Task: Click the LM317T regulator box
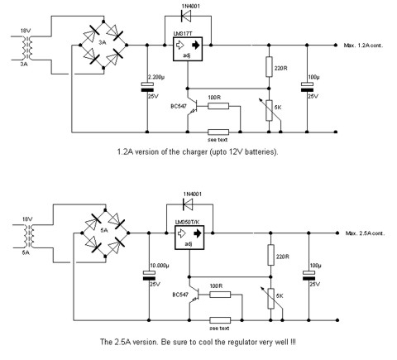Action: coord(188,49)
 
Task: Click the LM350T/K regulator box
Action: coord(189,238)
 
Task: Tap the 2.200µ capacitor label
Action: coord(156,77)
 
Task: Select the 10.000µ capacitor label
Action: coord(160,266)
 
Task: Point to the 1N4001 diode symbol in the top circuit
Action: coord(187,16)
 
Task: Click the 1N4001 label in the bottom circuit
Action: coord(192,194)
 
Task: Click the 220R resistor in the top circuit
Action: coord(269,67)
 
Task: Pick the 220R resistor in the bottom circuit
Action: coord(271,255)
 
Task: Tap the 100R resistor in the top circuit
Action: coord(218,106)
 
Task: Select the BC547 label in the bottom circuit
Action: coord(180,295)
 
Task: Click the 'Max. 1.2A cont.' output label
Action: coord(363,46)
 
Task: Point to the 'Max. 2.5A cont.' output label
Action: coord(366,233)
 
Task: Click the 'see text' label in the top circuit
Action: coord(218,140)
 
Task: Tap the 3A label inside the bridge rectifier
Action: coord(103,42)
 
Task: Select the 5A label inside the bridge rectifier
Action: coord(104,230)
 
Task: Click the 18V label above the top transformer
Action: coord(25,31)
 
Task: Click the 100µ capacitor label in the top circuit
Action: coord(313,77)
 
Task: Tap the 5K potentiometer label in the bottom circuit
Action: coord(280,296)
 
